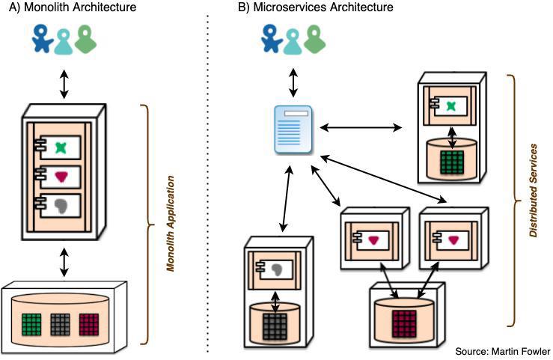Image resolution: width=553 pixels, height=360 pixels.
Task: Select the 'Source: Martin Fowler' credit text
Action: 501,352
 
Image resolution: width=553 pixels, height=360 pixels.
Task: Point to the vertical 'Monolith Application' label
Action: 171,223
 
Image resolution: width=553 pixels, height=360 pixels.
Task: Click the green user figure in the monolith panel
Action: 87,41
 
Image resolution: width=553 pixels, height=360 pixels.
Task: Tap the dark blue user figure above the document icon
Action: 270,40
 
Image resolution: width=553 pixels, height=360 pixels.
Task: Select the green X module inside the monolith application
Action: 61,148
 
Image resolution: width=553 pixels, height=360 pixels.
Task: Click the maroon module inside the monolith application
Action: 61,178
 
